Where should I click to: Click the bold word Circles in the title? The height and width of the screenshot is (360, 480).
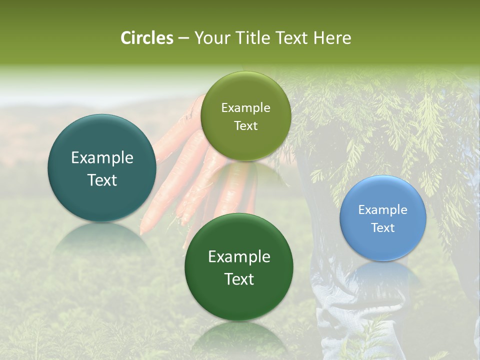point(147,38)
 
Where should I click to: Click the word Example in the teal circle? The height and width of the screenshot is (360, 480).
point(102,158)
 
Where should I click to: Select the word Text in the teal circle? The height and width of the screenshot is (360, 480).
point(102,180)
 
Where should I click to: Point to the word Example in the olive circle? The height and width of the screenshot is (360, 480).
point(245,108)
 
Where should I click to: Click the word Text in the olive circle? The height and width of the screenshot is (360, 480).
point(245,126)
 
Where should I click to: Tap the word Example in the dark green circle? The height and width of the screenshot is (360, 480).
point(239,257)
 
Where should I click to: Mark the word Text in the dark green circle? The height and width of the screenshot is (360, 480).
point(239,279)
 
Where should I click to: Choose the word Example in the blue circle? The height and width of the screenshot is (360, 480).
point(383,210)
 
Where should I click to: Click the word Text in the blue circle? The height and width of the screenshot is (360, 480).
point(383,228)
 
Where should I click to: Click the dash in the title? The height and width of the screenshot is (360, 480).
point(183,38)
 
